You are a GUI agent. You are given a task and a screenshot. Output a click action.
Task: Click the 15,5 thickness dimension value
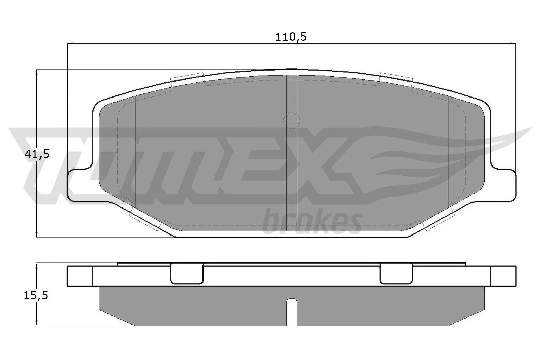click(36, 296)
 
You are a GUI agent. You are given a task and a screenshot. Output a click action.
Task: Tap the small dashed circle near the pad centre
click(291, 120)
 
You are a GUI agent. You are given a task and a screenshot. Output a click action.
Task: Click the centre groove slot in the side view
click(292, 311)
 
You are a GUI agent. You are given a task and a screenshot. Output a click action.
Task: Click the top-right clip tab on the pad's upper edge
click(396, 78)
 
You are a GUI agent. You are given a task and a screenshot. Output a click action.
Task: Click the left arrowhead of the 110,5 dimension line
click(71, 43)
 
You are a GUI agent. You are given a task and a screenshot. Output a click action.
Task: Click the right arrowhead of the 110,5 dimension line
click(513, 43)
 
